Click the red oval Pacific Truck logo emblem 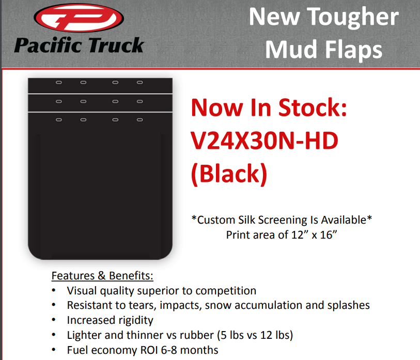click(x=79, y=18)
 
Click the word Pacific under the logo click(x=48, y=45)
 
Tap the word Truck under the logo click(x=116, y=45)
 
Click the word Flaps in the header click(x=353, y=50)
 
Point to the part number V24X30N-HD click(x=265, y=140)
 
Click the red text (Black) click(x=229, y=174)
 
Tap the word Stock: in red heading click(x=313, y=107)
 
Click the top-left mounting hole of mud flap click(x=59, y=82)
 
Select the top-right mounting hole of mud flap click(x=140, y=82)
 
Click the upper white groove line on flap click(x=100, y=94)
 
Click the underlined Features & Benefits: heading click(x=102, y=276)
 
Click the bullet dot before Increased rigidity click(x=54, y=320)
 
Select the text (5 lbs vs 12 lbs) click(x=255, y=335)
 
